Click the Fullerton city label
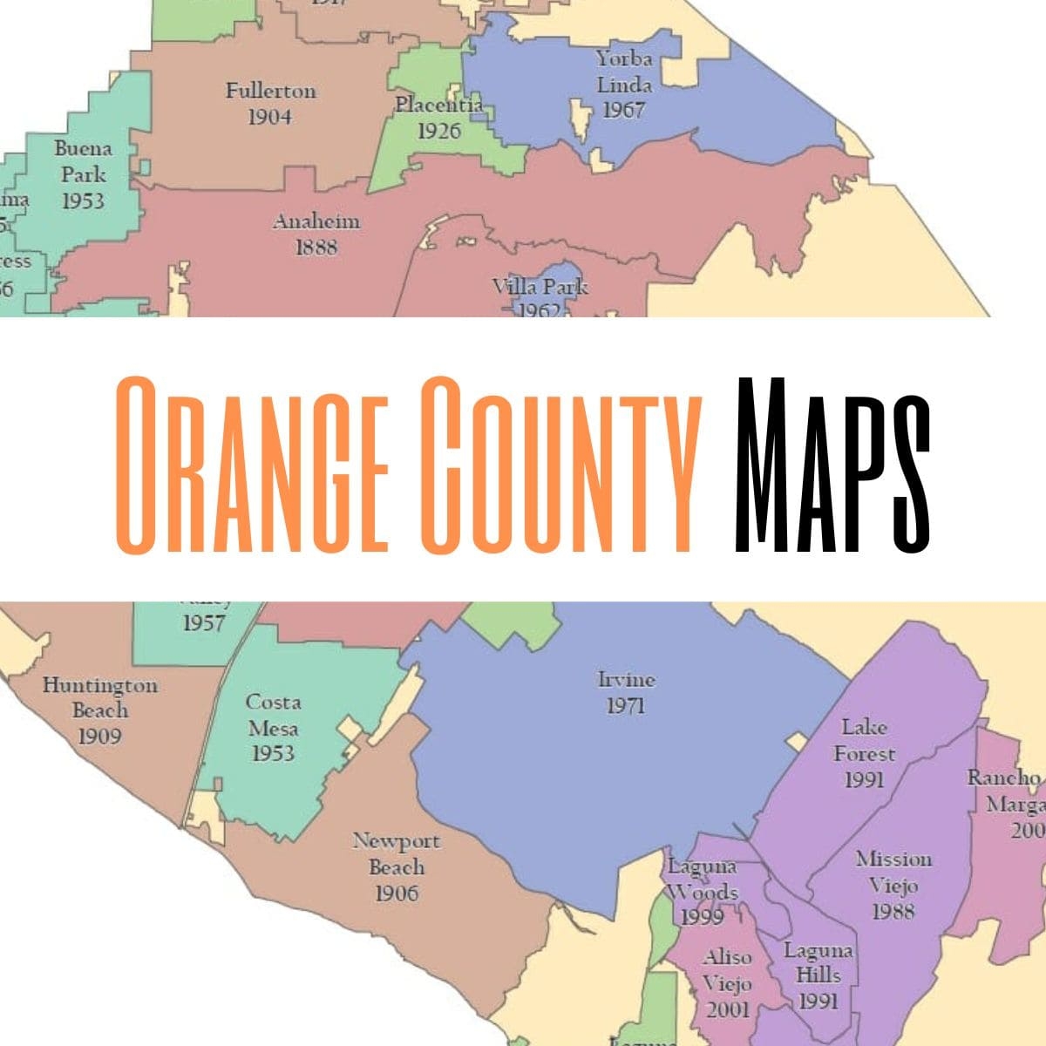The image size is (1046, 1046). (x=270, y=91)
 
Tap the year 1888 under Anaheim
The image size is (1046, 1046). (x=316, y=248)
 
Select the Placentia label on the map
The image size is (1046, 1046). (x=438, y=105)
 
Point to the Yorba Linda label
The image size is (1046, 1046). (x=624, y=72)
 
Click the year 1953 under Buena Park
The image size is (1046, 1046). (x=83, y=201)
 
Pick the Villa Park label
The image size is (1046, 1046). (x=540, y=287)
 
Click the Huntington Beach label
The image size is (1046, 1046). (x=99, y=697)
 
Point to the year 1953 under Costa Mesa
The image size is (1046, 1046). (x=273, y=753)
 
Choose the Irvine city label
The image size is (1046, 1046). (x=626, y=680)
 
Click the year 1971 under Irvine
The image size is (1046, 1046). (x=626, y=705)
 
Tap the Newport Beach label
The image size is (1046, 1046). (x=397, y=854)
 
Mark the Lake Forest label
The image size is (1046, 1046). (x=864, y=740)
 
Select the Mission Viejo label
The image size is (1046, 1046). (x=893, y=873)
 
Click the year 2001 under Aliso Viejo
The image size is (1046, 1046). (x=728, y=1009)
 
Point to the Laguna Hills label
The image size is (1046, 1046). (x=818, y=962)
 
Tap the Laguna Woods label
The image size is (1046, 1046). (x=703, y=880)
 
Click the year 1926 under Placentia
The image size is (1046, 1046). (x=439, y=132)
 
